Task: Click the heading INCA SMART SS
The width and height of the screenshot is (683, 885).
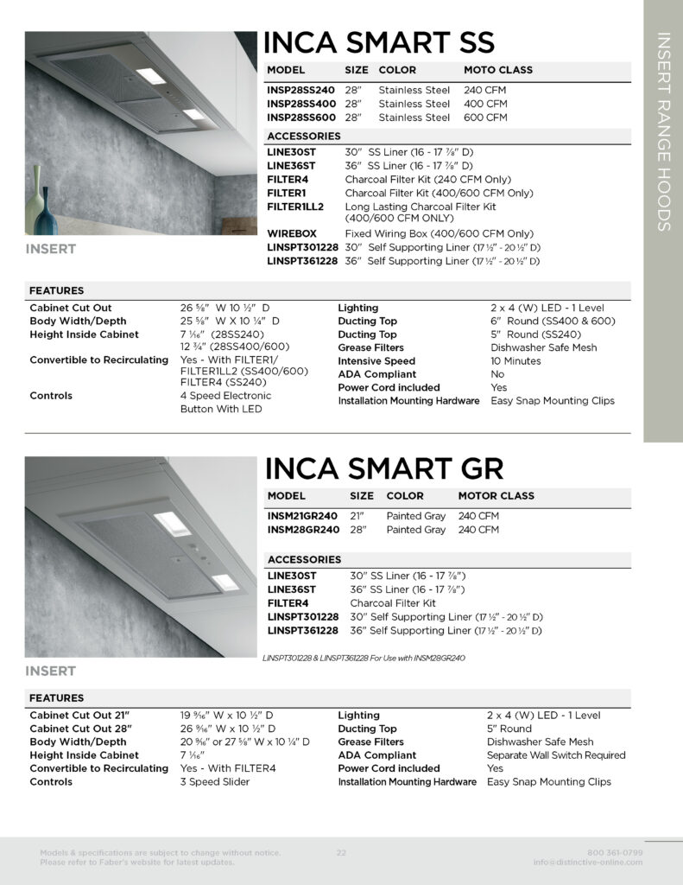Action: coord(379,42)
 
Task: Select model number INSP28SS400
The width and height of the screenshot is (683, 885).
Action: coord(301,104)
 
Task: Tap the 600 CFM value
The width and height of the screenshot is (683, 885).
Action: coord(485,118)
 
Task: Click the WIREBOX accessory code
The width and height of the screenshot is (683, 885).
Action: coord(292,233)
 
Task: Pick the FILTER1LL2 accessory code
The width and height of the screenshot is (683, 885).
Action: coord(295,207)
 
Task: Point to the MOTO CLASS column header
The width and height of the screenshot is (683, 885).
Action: coord(498,70)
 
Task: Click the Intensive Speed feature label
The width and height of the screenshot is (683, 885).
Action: coord(376,361)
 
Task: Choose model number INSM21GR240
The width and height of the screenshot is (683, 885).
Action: coord(302,516)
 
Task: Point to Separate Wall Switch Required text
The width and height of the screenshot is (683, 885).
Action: coord(556,755)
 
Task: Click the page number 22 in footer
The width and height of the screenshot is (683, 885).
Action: coord(341,853)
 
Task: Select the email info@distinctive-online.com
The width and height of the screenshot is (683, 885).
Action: coord(588,863)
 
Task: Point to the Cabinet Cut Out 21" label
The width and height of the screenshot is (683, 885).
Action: coord(79,716)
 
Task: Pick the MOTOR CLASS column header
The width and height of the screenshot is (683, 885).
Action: coord(496,496)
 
